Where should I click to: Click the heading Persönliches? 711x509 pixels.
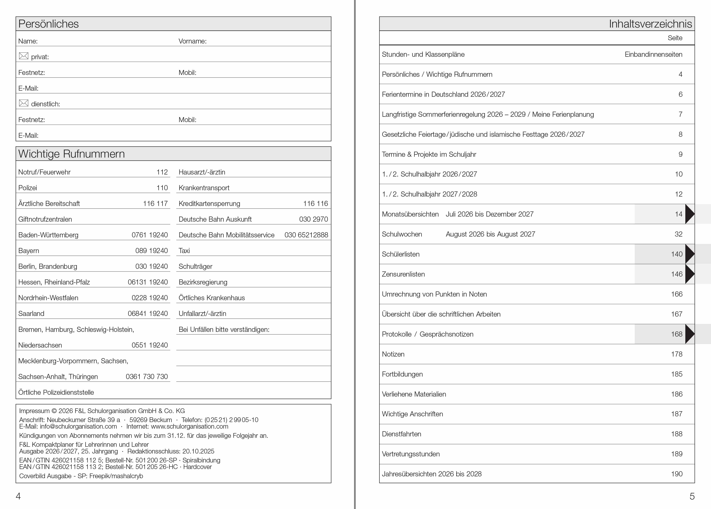coord(49,24)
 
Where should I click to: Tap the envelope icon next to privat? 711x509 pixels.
coord(23,56)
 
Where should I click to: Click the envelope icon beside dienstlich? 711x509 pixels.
coord(23,103)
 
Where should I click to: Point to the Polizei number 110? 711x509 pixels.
coord(162,188)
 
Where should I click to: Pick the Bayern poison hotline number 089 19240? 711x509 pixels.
coord(151,251)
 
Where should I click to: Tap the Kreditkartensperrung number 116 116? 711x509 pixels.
coord(315,204)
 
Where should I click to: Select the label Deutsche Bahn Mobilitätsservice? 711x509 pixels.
coord(226,235)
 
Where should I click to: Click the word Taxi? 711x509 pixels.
coord(184,251)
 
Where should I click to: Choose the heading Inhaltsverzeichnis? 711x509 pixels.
coord(650,24)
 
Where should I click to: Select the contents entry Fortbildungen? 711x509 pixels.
coord(402,374)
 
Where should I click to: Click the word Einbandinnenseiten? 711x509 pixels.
coord(653,54)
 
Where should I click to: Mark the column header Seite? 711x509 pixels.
coord(675,38)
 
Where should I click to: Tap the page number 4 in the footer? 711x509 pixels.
coord(18,496)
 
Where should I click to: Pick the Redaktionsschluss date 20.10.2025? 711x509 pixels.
coord(198,451)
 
